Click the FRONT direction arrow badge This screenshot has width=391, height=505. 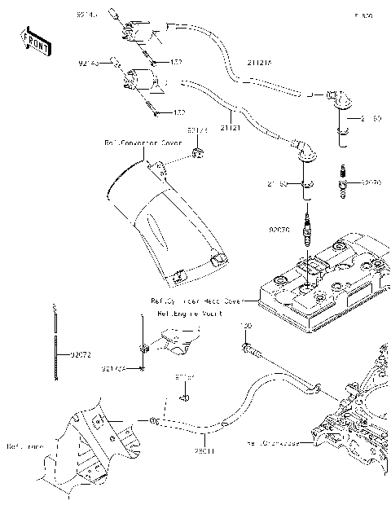click(33, 42)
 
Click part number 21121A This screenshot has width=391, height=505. click(261, 60)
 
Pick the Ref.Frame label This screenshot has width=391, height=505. click(24, 446)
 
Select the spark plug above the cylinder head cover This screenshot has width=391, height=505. click(307, 231)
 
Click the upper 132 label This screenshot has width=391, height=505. click(176, 61)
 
